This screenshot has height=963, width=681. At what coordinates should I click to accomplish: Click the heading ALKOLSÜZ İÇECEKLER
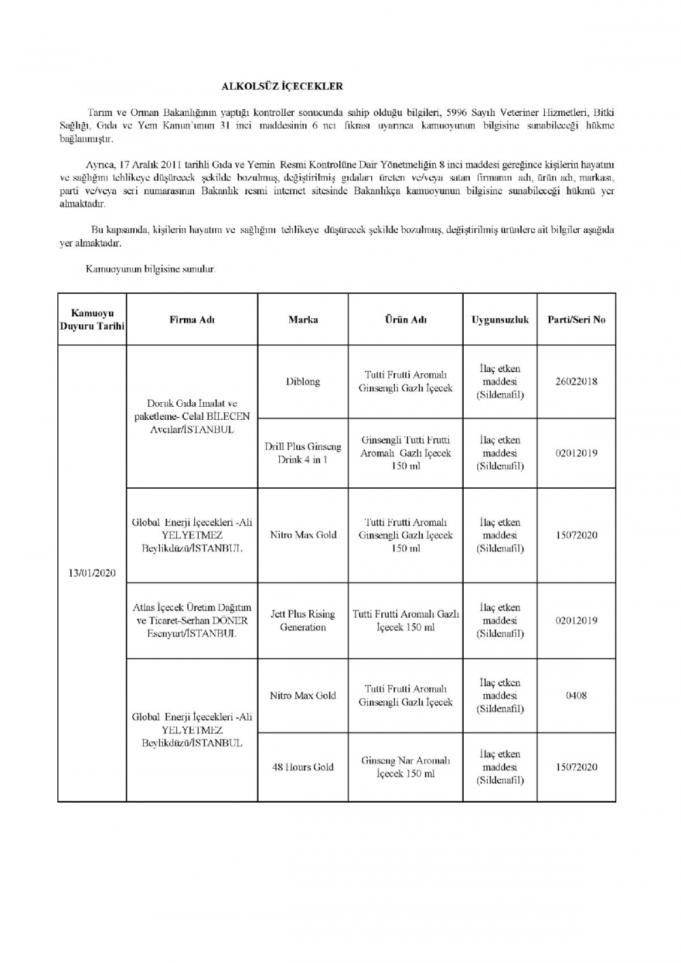pos(282,87)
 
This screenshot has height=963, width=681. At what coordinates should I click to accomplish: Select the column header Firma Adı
pos(192,320)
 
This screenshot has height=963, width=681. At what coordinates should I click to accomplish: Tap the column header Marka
pos(303,320)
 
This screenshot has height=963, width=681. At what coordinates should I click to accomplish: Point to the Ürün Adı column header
pos(406,320)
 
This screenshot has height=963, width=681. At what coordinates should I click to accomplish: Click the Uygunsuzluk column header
pos(500,320)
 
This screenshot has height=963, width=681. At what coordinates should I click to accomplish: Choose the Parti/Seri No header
pos(576,320)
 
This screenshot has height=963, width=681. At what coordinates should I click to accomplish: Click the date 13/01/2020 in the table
pos(92,573)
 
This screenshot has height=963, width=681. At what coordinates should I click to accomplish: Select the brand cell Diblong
pos(303,382)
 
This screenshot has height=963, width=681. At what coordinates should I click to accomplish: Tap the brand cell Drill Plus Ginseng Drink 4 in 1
pos(303,453)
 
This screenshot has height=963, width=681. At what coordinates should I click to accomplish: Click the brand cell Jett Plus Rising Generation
pos(303,621)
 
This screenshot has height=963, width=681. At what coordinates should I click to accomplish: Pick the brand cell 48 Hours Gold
pos(303,767)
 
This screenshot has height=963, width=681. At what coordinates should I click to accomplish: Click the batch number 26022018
pos(576,382)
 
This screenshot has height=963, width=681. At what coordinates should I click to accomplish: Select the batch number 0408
pos(576,696)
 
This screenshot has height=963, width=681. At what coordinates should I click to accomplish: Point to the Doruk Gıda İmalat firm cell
pos(192,416)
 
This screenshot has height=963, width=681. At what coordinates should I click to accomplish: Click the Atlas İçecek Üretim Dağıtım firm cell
pos(192,621)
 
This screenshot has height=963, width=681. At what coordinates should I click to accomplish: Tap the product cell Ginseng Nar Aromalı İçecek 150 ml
pos(406,767)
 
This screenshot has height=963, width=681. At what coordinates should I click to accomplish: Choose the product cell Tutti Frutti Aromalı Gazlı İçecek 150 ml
pos(406,621)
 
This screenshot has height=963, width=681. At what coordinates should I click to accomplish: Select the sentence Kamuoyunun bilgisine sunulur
pos(151,269)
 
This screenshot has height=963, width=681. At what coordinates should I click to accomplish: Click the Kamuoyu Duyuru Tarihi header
pos(92,320)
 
